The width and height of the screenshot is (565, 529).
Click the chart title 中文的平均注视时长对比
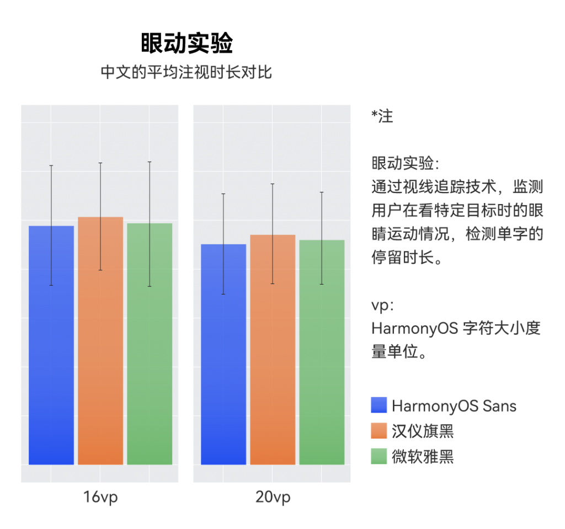[186, 72]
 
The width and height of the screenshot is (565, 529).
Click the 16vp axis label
[100, 498]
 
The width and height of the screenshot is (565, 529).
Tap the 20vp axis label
[273, 498]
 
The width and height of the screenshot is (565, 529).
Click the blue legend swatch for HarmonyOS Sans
[379, 405]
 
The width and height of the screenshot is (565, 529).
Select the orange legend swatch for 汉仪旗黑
[379, 431]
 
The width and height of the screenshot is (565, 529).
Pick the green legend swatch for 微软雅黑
[379, 456]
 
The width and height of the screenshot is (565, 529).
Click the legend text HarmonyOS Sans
[454, 407]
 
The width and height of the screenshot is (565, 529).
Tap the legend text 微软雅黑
[423, 456]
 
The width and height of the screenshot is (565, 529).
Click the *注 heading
[382, 116]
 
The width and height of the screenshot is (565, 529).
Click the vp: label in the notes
[382, 306]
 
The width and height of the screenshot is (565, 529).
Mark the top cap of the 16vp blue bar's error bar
[51, 165]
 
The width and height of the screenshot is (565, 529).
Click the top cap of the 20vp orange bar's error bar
[273, 184]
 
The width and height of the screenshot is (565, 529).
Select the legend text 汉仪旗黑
[423, 431]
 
